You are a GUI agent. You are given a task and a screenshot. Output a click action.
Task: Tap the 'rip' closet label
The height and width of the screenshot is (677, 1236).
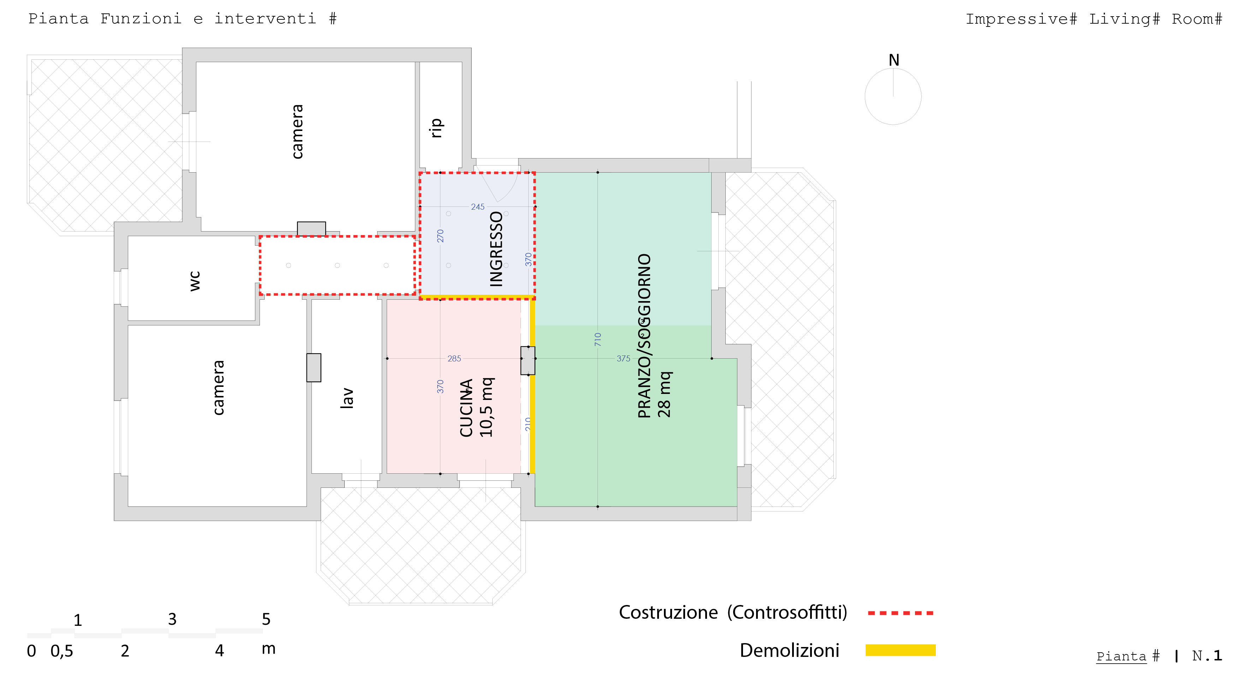(x=436, y=128)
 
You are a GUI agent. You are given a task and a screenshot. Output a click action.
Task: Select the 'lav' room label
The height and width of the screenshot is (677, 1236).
(x=346, y=398)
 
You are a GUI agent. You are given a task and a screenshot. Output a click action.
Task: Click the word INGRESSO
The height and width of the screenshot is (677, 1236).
(x=496, y=249)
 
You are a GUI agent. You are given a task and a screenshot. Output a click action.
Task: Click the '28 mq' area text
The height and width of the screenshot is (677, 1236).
(x=665, y=394)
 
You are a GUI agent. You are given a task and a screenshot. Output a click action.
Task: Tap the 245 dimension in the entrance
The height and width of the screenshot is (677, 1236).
(x=477, y=206)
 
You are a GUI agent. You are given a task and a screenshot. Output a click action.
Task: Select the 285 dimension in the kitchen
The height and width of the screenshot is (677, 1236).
(x=454, y=359)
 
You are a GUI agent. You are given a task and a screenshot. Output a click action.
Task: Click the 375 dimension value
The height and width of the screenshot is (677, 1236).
(x=623, y=359)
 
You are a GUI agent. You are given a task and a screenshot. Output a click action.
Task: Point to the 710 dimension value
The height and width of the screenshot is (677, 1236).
(x=598, y=340)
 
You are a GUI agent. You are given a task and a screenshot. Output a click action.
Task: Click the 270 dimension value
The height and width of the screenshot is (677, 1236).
(x=440, y=235)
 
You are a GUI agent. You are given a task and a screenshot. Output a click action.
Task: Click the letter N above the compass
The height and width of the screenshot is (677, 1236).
(x=893, y=60)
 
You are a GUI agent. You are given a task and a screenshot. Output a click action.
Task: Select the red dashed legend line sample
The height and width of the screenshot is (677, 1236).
(x=900, y=613)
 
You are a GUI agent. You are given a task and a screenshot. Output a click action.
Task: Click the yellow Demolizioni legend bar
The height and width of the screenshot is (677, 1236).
(x=900, y=650)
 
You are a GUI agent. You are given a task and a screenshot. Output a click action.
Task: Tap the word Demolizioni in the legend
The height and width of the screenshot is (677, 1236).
(x=789, y=651)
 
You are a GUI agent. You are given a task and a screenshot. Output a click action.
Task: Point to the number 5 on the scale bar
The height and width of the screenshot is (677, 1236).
(x=266, y=619)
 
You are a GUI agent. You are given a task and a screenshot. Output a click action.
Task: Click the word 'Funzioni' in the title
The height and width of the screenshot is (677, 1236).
(x=141, y=19)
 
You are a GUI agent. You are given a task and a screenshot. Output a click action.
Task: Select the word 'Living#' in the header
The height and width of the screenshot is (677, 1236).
(x=1124, y=19)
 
